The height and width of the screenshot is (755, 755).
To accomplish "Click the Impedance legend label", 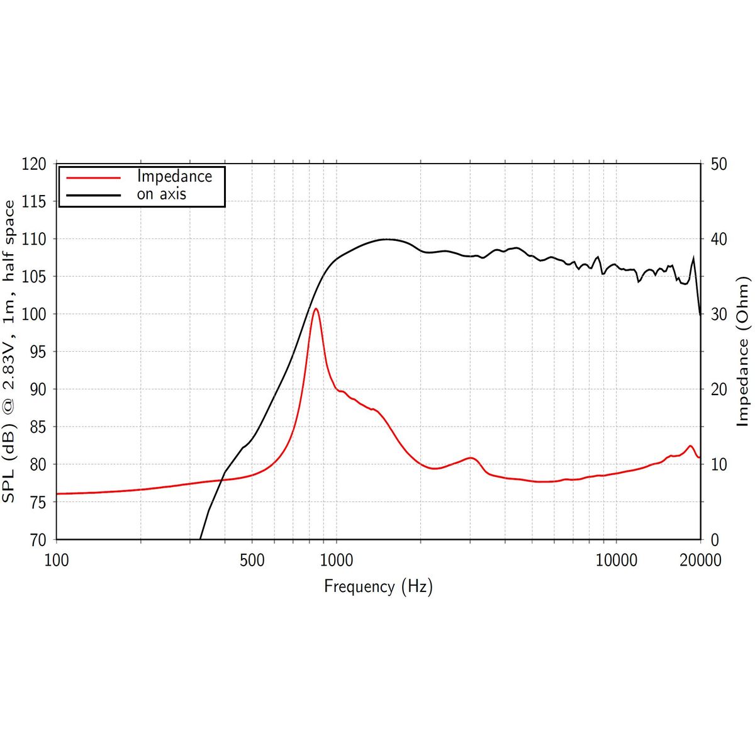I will pyautogui.click(x=174, y=176).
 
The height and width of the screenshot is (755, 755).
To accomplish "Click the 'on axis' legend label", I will pyautogui.click(x=162, y=194).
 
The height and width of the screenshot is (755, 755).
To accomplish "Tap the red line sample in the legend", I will pyautogui.click(x=93, y=177).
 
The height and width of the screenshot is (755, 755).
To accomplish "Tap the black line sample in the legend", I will pyautogui.click(x=93, y=195).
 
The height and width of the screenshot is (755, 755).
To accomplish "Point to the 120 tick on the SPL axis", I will pyautogui.click(x=34, y=164).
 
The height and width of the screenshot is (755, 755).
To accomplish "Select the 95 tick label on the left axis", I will pyautogui.click(x=38, y=352).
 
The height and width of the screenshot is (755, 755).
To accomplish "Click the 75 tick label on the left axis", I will pyautogui.click(x=38, y=502).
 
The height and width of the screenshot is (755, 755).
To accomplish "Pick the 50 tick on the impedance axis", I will pyautogui.click(x=718, y=164).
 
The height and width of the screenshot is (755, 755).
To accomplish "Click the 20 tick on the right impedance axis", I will pyautogui.click(x=718, y=389).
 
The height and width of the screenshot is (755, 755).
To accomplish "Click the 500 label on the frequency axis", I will pyautogui.click(x=252, y=560).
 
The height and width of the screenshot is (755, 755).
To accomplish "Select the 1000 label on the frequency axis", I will pyautogui.click(x=336, y=560).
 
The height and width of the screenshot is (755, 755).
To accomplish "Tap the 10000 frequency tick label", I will pyautogui.click(x=616, y=560).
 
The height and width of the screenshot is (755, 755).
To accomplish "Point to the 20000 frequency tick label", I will pyautogui.click(x=700, y=560).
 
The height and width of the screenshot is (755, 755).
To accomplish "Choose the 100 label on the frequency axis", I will pyautogui.click(x=57, y=560).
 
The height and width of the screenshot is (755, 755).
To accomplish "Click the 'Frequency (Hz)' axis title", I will pyautogui.click(x=378, y=586).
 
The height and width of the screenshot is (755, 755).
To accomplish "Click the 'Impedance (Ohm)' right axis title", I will pyautogui.click(x=744, y=351).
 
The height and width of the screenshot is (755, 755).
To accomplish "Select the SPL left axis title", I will pyautogui.click(x=9, y=351).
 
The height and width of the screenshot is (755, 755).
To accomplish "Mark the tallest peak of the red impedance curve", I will pyautogui.click(x=316, y=309).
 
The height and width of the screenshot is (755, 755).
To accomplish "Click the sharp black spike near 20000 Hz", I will pyautogui.click(x=693, y=257).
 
